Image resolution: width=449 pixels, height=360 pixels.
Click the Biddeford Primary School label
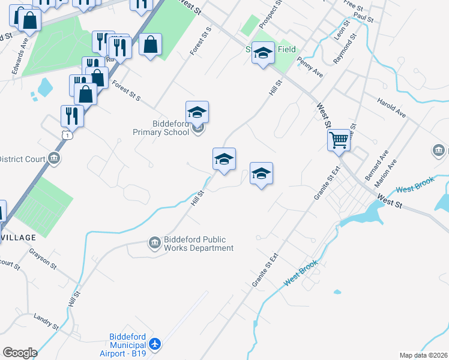[162, 128]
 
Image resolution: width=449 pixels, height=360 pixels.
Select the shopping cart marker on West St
[339, 140]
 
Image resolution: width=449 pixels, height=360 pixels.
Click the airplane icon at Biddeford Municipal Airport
[155, 344]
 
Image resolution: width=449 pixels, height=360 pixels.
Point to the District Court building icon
[54, 158]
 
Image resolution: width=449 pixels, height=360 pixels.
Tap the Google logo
[20, 353]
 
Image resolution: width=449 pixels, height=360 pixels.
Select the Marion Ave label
[385, 172]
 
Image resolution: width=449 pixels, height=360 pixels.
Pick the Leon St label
[337, 29]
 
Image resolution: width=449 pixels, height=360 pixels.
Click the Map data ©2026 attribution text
[423, 355]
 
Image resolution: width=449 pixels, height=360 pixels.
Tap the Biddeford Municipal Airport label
[127, 345]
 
